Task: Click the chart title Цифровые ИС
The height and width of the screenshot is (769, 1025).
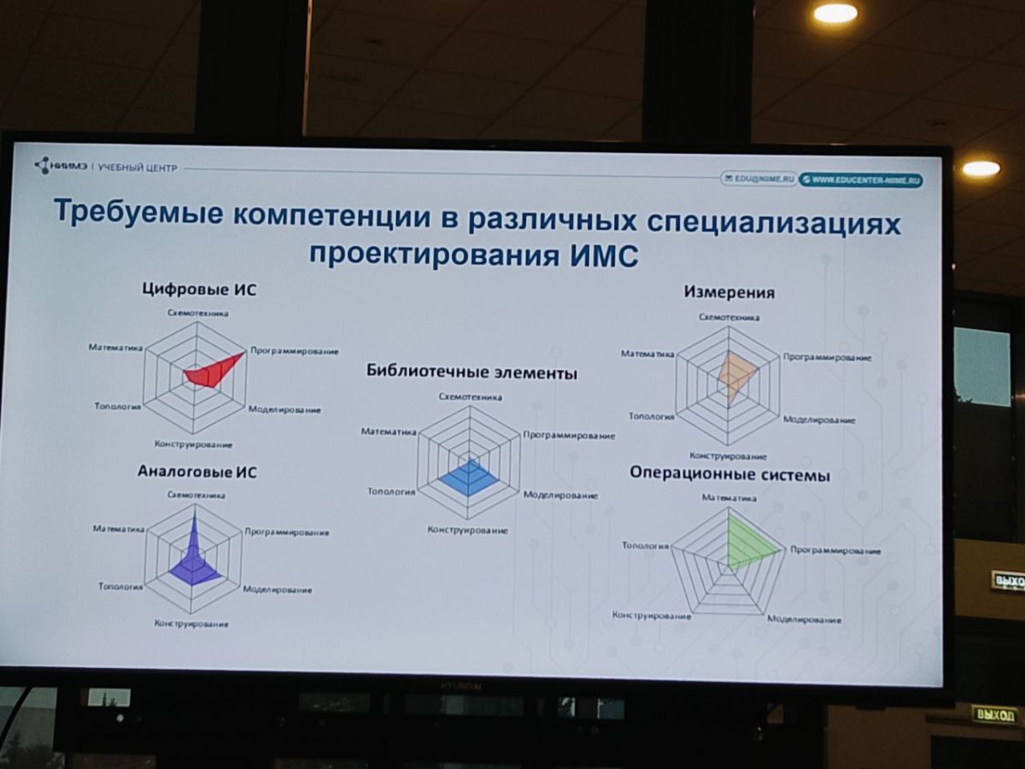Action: point(199,290)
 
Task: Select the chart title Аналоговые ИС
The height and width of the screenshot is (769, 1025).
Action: point(197,472)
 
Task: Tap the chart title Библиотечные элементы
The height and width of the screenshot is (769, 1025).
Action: point(471,373)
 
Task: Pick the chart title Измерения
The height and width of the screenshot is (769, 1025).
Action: point(729,293)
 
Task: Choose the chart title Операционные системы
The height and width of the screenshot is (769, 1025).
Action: point(729,474)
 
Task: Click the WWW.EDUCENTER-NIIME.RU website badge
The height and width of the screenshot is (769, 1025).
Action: point(861,179)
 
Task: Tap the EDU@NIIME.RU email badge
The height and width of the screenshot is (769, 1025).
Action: point(759,179)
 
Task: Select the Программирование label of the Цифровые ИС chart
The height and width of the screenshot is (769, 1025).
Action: point(294,351)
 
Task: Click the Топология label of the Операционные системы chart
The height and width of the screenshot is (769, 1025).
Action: point(646,545)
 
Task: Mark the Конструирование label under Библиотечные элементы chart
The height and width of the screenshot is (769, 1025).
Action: point(467,531)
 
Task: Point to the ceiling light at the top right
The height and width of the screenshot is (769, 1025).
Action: point(835,13)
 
